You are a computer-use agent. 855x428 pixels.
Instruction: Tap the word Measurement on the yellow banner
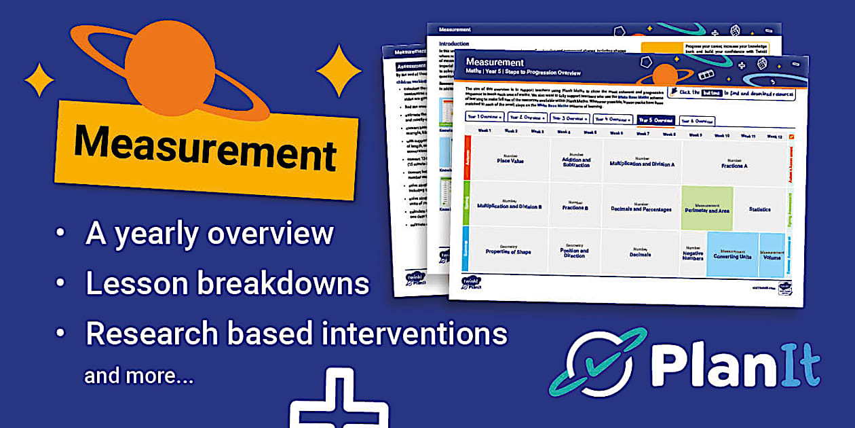(x=205, y=147)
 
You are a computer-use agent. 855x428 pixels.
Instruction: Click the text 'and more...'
(x=138, y=376)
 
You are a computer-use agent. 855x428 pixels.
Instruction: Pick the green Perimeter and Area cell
(x=707, y=209)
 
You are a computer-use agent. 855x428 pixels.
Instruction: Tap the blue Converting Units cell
(x=732, y=254)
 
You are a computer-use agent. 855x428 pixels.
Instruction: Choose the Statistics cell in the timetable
(x=759, y=209)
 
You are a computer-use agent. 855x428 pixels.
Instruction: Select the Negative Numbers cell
(x=693, y=254)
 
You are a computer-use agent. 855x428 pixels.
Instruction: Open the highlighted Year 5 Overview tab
(x=655, y=120)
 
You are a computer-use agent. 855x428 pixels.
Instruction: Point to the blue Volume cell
(x=772, y=255)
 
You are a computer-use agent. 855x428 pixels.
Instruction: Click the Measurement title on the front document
(x=495, y=63)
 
